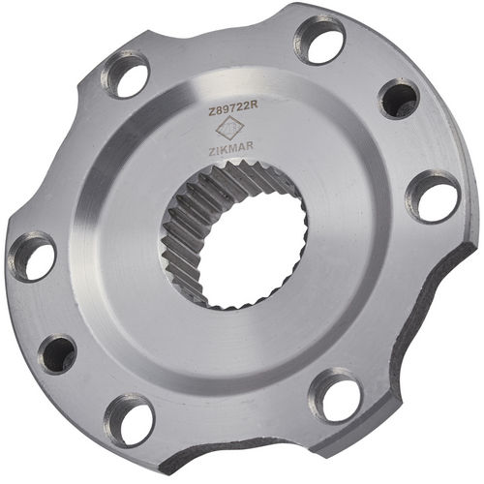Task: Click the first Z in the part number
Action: click(x=212, y=113)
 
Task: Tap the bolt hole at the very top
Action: click(x=320, y=41)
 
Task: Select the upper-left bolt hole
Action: click(x=126, y=75)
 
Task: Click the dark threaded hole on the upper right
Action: click(x=398, y=99)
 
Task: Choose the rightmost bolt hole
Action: click(x=432, y=197)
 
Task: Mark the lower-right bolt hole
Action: click(x=335, y=396)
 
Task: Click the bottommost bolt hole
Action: click(x=130, y=419)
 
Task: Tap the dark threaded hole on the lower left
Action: click(x=58, y=353)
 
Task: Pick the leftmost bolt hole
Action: click(x=32, y=257)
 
